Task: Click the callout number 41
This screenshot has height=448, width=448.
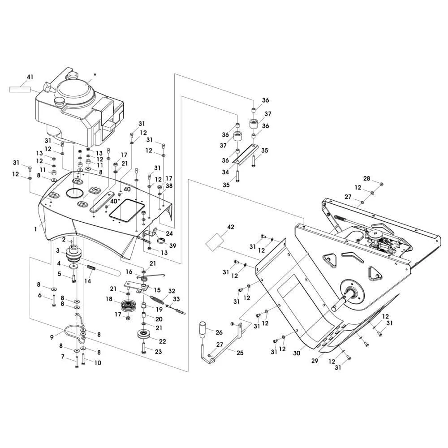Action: pyautogui.click(x=30, y=77)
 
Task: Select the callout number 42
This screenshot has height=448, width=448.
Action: pyautogui.click(x=230, y=227)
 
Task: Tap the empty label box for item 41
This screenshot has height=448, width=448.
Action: pyautogui.click(x=20, y=89)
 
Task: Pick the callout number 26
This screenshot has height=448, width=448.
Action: pyautogui.click(x=219, y=332)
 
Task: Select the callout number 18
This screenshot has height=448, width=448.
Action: pyautogui.click(x=109, y=299)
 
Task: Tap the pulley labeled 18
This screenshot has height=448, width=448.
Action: pyautogui.click(x=130, y=307)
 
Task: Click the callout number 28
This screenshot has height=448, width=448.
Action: pyautogui.click(x=366, y=179)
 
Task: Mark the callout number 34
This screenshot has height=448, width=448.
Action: pyautogui.click(x=225, y=172)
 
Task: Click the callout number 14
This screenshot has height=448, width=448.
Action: pyautogui.click(x=88, y=281)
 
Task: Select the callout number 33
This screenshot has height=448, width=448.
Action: pyautogui.click(x=176, y=299)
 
